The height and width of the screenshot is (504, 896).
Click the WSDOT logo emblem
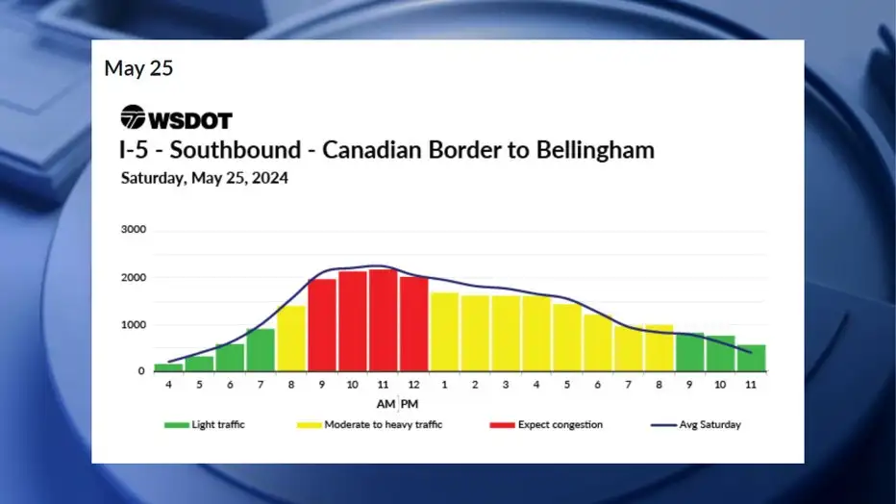(133, 116)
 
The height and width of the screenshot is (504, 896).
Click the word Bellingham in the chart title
(595, 150)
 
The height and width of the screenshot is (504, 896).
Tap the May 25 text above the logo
(138, 68)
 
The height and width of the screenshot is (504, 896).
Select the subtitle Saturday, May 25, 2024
(205, 178)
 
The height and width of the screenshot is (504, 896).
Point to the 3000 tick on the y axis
(133, 229)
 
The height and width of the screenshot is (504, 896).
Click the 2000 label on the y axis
(133, 278)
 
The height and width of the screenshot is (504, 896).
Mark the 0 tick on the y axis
(141, 371)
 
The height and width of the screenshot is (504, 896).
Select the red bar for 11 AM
(383, 320)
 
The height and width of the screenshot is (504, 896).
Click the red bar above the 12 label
(413, 324)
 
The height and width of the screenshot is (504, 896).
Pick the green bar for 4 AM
(168, 367)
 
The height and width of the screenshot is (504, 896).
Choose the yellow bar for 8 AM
(291, 339)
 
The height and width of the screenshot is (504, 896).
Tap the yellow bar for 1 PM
(444, 332)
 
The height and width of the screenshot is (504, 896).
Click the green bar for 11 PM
(752, 358)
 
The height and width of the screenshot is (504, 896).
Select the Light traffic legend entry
(204, 424)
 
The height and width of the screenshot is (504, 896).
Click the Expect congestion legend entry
(546, 424)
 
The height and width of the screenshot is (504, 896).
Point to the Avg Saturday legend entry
(695, 424)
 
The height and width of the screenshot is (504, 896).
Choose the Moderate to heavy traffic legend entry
(369, 424)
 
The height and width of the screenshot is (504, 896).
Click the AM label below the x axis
(386, 404)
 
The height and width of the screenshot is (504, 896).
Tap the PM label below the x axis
(410, 404)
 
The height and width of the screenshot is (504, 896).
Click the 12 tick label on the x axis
(413, 385)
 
